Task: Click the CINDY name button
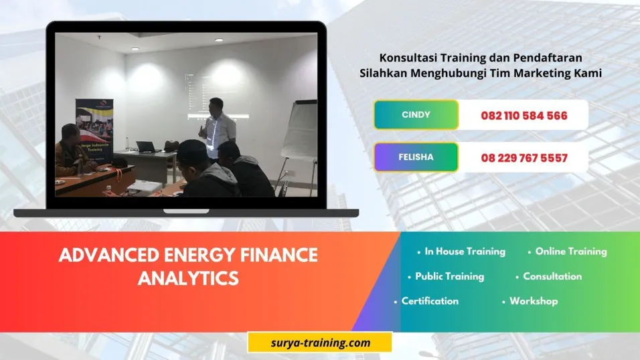tap(416, 114)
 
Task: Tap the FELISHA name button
tap(416, 157)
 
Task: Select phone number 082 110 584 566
tap(524, 116)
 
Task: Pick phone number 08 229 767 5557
tap(524, 159)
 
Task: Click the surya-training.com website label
tap(319, 343)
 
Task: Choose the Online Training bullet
tap(570, 252)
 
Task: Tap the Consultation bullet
tap(552, 276)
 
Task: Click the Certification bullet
tap(430, 300)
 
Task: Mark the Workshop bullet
tap(533, 300)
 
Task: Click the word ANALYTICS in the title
tap(188, 277)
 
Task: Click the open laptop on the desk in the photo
tap(145, 147)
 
